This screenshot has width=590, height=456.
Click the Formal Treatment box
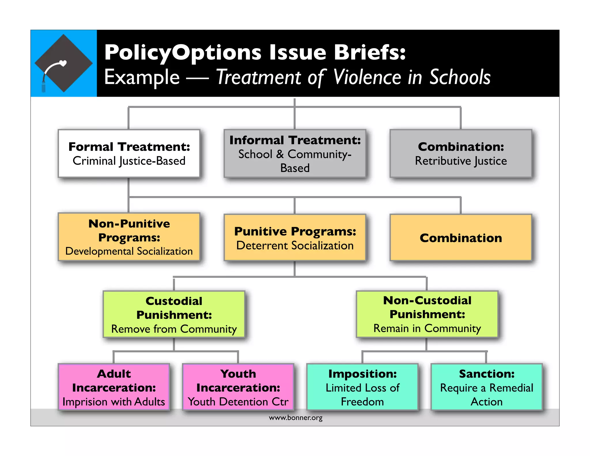129,153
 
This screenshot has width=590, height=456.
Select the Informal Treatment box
295,153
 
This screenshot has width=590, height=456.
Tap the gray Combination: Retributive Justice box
461,153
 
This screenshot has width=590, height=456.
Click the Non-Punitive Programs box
129,237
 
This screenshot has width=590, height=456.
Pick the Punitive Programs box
295,238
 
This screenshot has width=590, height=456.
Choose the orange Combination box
461,238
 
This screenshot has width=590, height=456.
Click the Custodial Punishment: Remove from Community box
174,314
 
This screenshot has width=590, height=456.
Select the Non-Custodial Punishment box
427,314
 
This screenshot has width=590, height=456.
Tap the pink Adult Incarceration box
114,387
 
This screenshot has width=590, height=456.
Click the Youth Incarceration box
238,387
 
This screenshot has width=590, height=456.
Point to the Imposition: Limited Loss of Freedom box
362,387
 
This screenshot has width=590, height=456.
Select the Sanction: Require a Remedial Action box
487,387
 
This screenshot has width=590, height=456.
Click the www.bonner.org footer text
296,418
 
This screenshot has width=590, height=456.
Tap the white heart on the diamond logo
63,63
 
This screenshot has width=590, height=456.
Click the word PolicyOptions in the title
183,53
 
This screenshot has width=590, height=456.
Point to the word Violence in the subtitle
368,77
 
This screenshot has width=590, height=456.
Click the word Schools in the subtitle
460,77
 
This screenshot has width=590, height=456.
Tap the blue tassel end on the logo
44,87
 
